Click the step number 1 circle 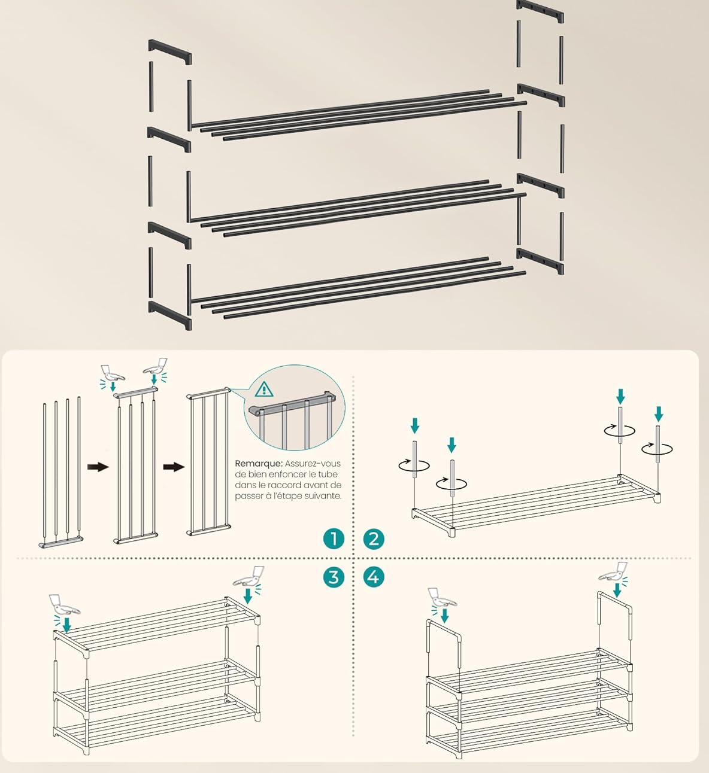(x=334, y=538)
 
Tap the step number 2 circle (x=374, y=538)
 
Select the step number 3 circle (x=334, y=577)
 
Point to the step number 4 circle (x=374, y=577)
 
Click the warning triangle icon (x=264, y=389)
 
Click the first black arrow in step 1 (x=98, y=467)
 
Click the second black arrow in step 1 (x=174, y=467)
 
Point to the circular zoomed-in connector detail (x=295, y=407)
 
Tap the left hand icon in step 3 (x=64, y=605)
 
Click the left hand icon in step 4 (x=443, y=598)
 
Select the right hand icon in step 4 (x=613, y=571)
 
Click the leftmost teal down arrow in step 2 (x=414, y=426)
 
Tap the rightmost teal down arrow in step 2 (x=659, y=413)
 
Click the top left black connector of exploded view (x=169, y=52)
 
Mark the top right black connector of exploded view (x=540, y=10)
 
